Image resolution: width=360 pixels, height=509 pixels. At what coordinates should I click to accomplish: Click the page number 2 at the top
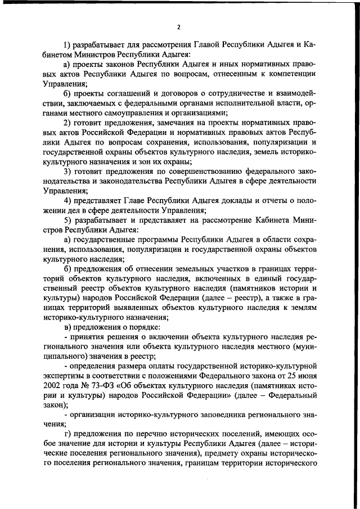pos(178,26)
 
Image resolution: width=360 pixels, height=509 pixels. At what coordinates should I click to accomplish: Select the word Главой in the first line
pos(209,44)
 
